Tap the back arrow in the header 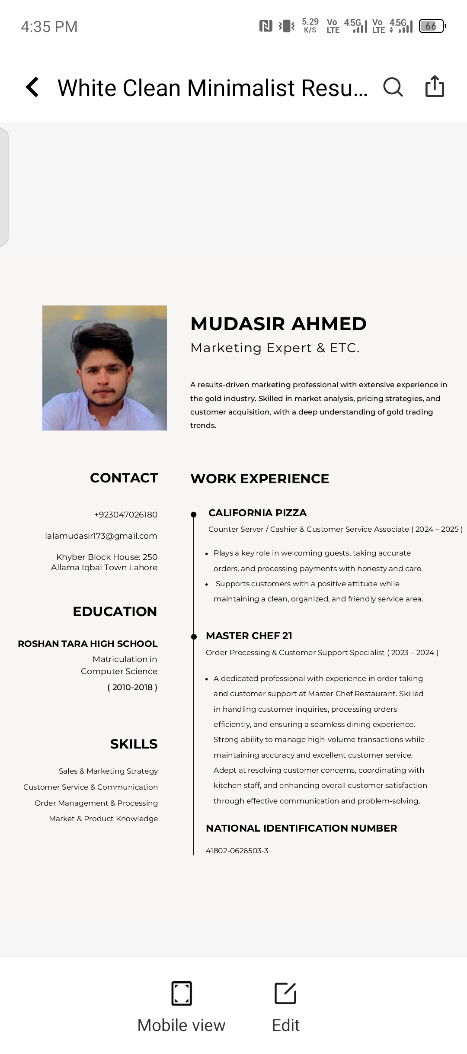pyautogui.click(x=33, y=87)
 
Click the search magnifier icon pyautogui.click(x=393, y=87)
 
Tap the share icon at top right pyautogui.click(x=435, y=86)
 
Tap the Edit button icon pyautogui.click(x=285, y=993)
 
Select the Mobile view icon pyautogui.click(x=182, y=993)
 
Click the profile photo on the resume pyautogui.click(x=105, y=368)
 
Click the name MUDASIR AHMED pyautogui.click(x=278, y=324)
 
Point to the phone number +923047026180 pyautogui.click(x=126, y=514)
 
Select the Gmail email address pyautogui.click(x=101, y=536)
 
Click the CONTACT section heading pyautogui.click(x=124, y=478)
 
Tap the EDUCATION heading pyautogui.click(x=115, y=611)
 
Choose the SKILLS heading pyautogui.click(x=134, y=744)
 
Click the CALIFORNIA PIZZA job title pyautogui.click(x=257, y=513)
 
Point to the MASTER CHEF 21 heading pyautogui.click(x=249, y=636)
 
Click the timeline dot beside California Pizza pyautogui.click(x=194, y=514)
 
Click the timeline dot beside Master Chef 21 pyautogui.click(x=194, y=636)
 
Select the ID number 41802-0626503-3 pyautogui.click(x=237, y=851)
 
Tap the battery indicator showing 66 pyautogui.click(x=432, y=26)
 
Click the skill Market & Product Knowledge pyautogui.click(x=103, y=819)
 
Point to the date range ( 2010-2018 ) pyautogui.click(x=132, y=687)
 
